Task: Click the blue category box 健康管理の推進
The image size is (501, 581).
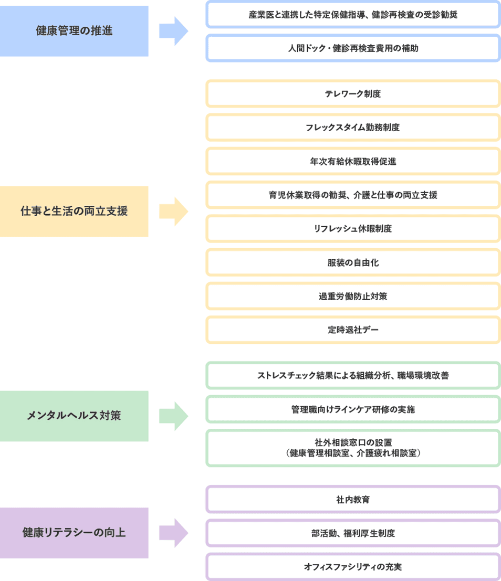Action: pos(74,31)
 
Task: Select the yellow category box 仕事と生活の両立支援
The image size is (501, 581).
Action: pos(74,212)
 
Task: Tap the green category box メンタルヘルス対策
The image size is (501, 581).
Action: pos(74,416)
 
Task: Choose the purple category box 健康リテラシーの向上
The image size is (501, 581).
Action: pos(74,533)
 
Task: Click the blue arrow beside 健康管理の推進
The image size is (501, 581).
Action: pos(174,31)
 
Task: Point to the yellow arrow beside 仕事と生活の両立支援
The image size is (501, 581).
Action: pos(174,212)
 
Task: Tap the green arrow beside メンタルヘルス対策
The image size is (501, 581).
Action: pos(174,416)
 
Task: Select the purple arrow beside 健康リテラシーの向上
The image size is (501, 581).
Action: pos(174,533)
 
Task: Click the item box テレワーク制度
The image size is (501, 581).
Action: pos(353,94)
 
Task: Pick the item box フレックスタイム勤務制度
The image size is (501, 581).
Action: pos(353,128)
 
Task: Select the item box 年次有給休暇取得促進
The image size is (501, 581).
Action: pos(353,161)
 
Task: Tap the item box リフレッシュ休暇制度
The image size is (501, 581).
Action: pos(353,229)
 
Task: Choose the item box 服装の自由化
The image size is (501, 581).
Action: pos(353,262)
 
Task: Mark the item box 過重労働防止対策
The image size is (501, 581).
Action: pos(353,296)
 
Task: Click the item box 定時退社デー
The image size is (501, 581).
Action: pos(353,330)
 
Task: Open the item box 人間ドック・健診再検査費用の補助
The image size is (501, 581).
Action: pos(353,48)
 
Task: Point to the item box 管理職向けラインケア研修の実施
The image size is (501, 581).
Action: pos(353,409)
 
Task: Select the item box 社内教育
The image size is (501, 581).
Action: pos(353,500)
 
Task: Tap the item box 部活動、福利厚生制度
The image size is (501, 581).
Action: pos(353,533)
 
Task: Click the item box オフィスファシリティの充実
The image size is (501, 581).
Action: pos(353,567)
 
